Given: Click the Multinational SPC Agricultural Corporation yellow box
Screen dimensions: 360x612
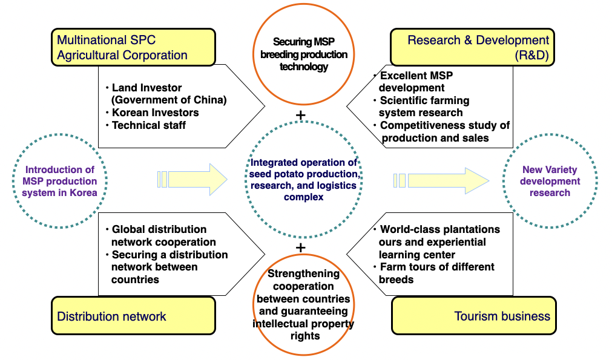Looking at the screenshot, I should tap(133, 47).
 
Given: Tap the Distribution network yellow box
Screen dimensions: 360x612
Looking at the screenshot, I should tap(133, 316).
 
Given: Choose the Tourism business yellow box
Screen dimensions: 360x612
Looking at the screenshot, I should tap(474, 316).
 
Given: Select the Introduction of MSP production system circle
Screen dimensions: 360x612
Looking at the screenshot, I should tap(59, 181).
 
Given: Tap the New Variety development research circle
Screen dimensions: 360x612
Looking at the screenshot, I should tap(550, 181).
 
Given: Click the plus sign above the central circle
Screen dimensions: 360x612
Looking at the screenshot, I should tap(301, 115).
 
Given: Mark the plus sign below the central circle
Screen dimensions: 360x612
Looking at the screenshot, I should tap(301, 247).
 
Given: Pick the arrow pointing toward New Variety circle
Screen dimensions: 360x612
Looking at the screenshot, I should tap(442, 180).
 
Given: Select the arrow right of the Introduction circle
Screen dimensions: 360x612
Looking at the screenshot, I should tap(192, 179).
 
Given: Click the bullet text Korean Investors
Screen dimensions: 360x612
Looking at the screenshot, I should tap(155, 113).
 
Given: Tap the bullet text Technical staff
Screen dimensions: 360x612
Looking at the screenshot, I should tap(148, 125).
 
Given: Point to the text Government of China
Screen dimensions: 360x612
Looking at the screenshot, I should tap(169, 100).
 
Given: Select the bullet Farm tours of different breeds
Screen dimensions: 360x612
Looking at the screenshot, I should tap(436, 273).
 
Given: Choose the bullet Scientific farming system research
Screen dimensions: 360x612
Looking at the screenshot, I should tap(424, 106).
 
